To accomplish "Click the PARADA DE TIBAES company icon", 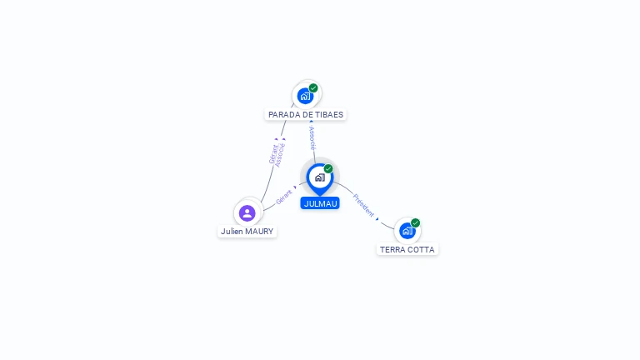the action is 305,96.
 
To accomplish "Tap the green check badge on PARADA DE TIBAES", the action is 313,87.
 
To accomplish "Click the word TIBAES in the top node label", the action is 327,115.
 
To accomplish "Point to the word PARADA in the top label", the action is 284,115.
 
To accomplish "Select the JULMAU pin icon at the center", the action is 319,177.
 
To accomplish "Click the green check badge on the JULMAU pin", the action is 328,169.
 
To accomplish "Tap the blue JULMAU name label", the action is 320,203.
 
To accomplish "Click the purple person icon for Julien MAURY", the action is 247,212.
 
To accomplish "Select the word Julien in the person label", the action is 232,231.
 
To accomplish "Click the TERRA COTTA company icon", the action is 407,231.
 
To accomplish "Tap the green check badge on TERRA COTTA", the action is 415,222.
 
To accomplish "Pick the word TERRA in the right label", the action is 392,249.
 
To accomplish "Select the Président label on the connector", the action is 364,205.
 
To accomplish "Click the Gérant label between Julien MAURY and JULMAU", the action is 284,197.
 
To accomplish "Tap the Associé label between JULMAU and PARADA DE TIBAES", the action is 312,138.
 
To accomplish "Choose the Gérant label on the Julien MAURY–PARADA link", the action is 272,154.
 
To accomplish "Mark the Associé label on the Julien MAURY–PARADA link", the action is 280,155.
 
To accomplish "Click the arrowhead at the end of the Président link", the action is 377,218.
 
